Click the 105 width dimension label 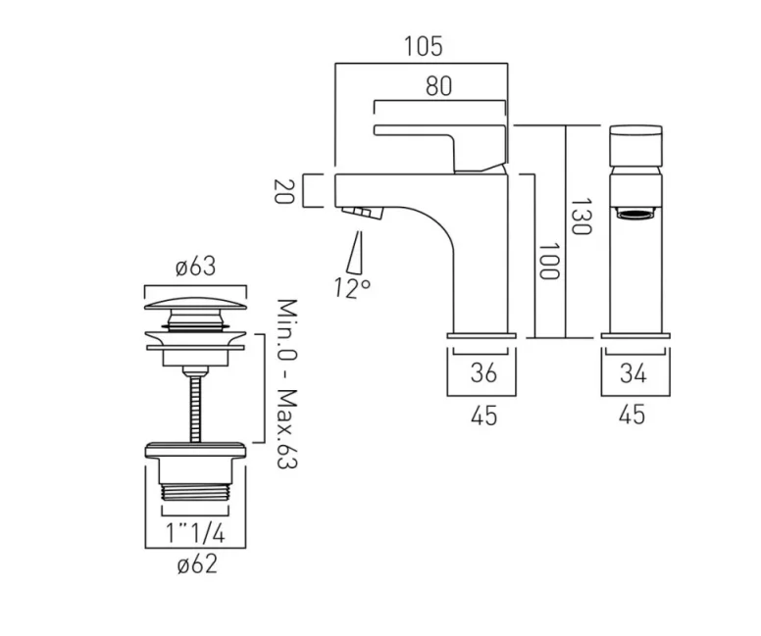[423, 45]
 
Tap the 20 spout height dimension [284, 191]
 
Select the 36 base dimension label [482, 373]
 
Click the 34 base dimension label [634, 373]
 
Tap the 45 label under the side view [483, 416]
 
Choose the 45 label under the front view [634, 416]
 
